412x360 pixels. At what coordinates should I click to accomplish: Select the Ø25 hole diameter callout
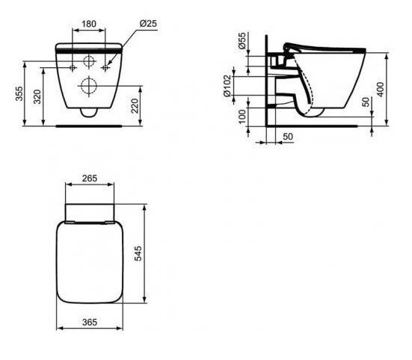point(149,25)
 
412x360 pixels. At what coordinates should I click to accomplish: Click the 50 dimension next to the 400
point(365,102)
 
